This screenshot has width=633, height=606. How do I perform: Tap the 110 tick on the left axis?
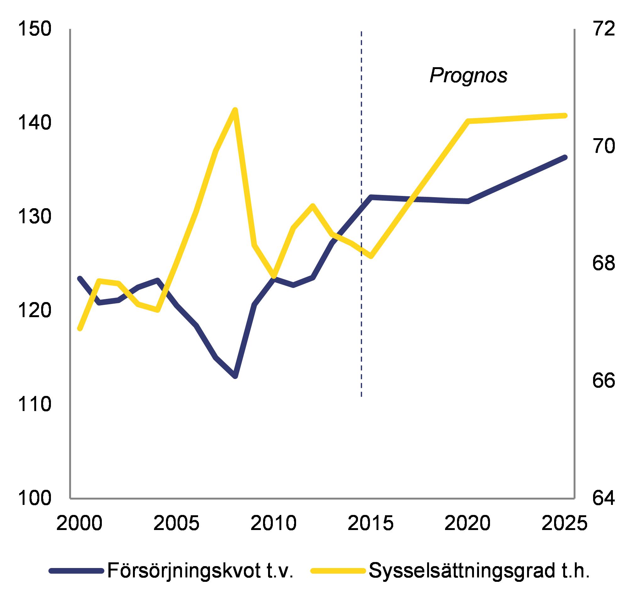coord(34,404)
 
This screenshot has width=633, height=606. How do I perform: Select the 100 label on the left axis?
coord(34,498)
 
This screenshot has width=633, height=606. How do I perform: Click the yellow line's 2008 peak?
coord(235,110)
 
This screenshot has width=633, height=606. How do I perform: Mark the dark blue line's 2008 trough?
coord(235,376)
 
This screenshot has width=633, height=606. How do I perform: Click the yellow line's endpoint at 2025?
coord(565,115)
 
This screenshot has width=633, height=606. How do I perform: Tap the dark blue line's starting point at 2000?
coord(80,278)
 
